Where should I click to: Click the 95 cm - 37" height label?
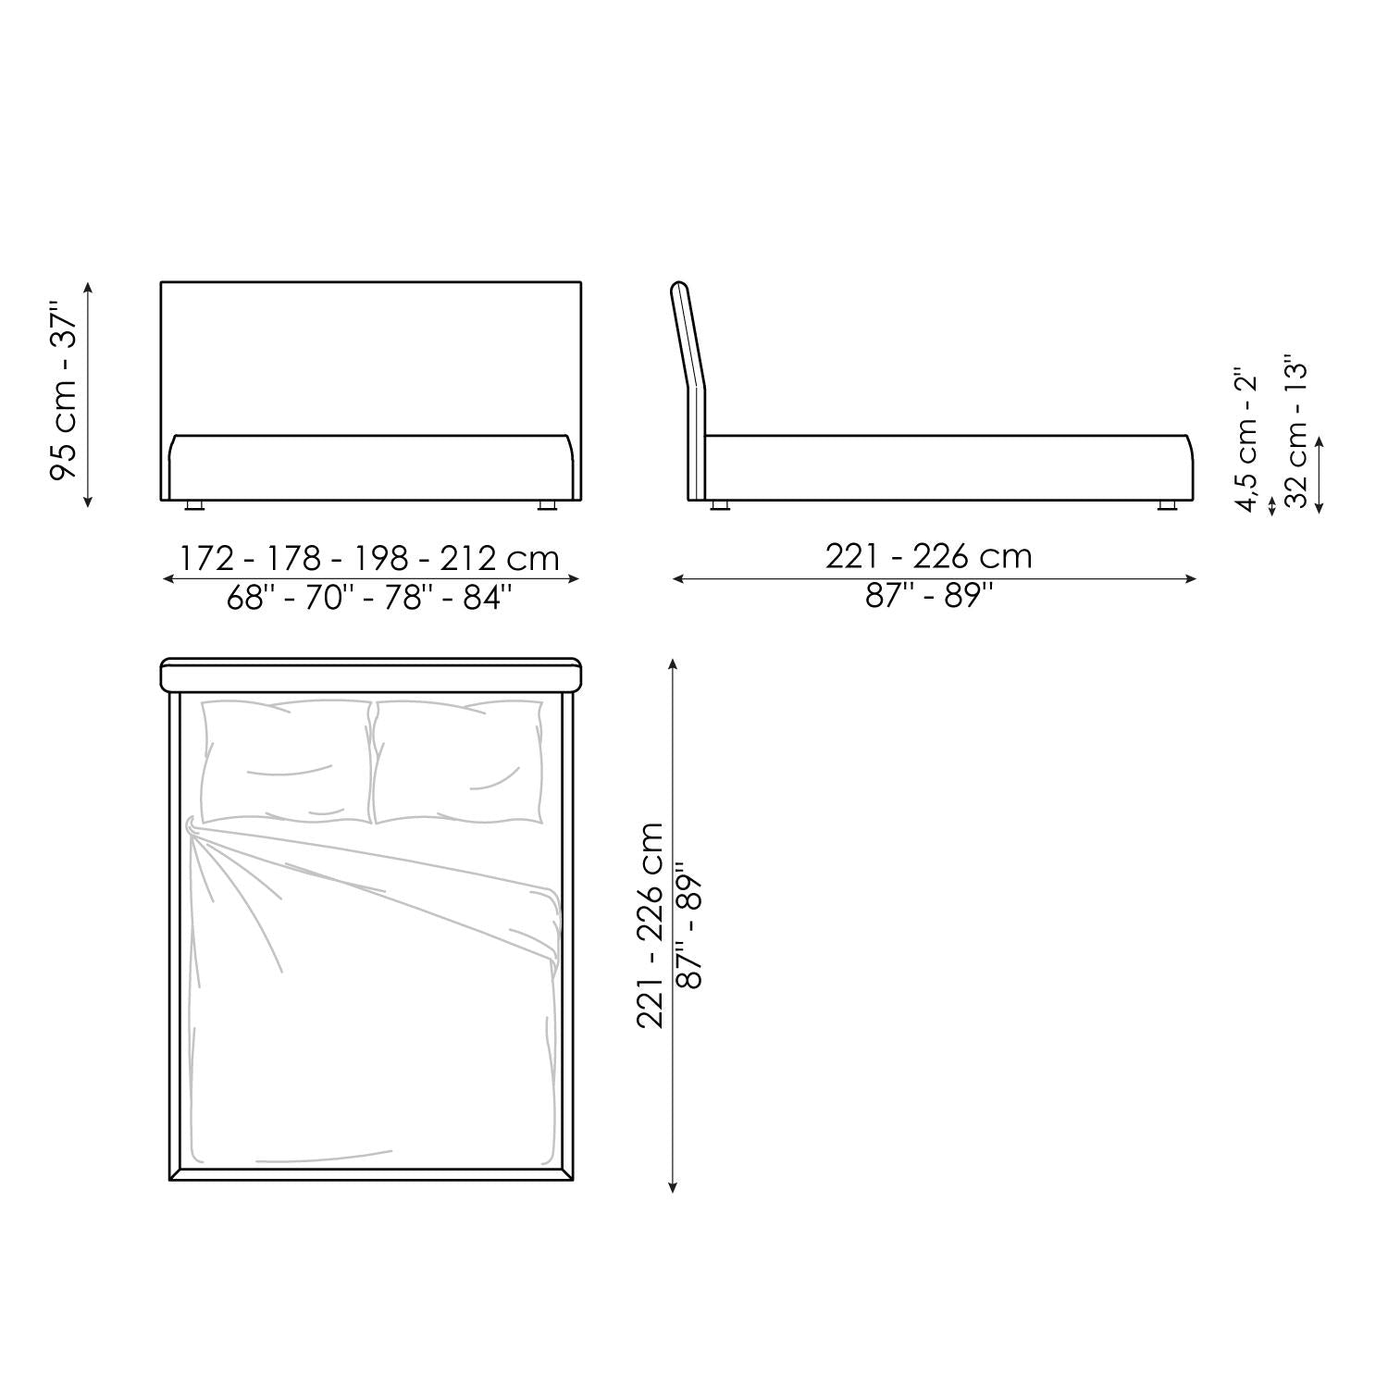[65, 394]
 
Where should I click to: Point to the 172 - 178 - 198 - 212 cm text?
[369, 558]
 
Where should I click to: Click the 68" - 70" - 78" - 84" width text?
[369, 598]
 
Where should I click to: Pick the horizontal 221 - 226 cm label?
[928, 555]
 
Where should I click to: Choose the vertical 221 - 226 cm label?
[651, 924]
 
